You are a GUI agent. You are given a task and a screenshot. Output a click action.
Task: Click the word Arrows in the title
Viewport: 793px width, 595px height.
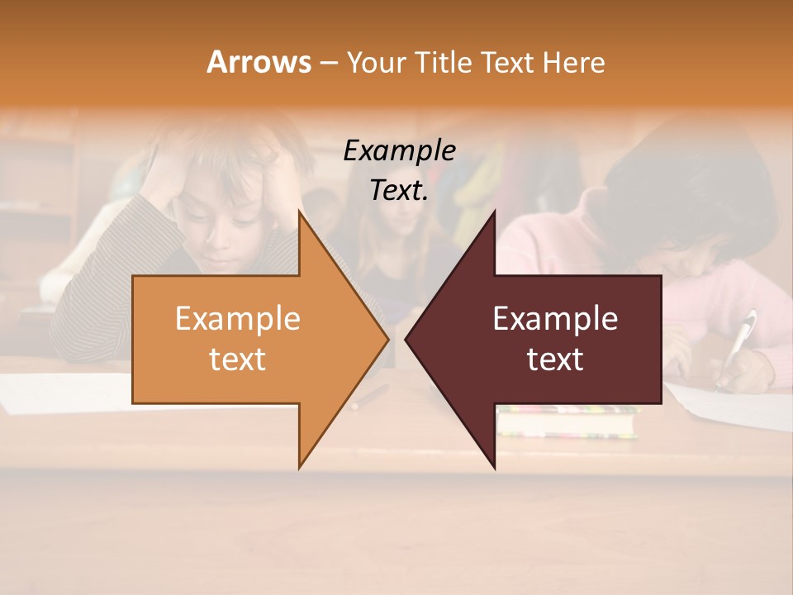(259, 62)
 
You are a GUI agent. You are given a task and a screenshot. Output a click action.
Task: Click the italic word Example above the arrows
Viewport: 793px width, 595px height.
(399, 151)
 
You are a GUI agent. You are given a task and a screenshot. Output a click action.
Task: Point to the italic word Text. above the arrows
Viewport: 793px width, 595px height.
(399, 191)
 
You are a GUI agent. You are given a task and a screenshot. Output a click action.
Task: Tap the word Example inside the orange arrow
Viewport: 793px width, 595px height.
(237, 319)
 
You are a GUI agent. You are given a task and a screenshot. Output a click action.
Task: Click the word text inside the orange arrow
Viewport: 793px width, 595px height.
(237, 359)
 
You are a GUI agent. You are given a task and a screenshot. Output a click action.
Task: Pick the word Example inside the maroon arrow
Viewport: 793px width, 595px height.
(555, 319)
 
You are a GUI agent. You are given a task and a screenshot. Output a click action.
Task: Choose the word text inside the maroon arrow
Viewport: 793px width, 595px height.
(555, 359)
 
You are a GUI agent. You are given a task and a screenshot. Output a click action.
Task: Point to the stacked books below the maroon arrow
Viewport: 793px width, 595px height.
(567, 421)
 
